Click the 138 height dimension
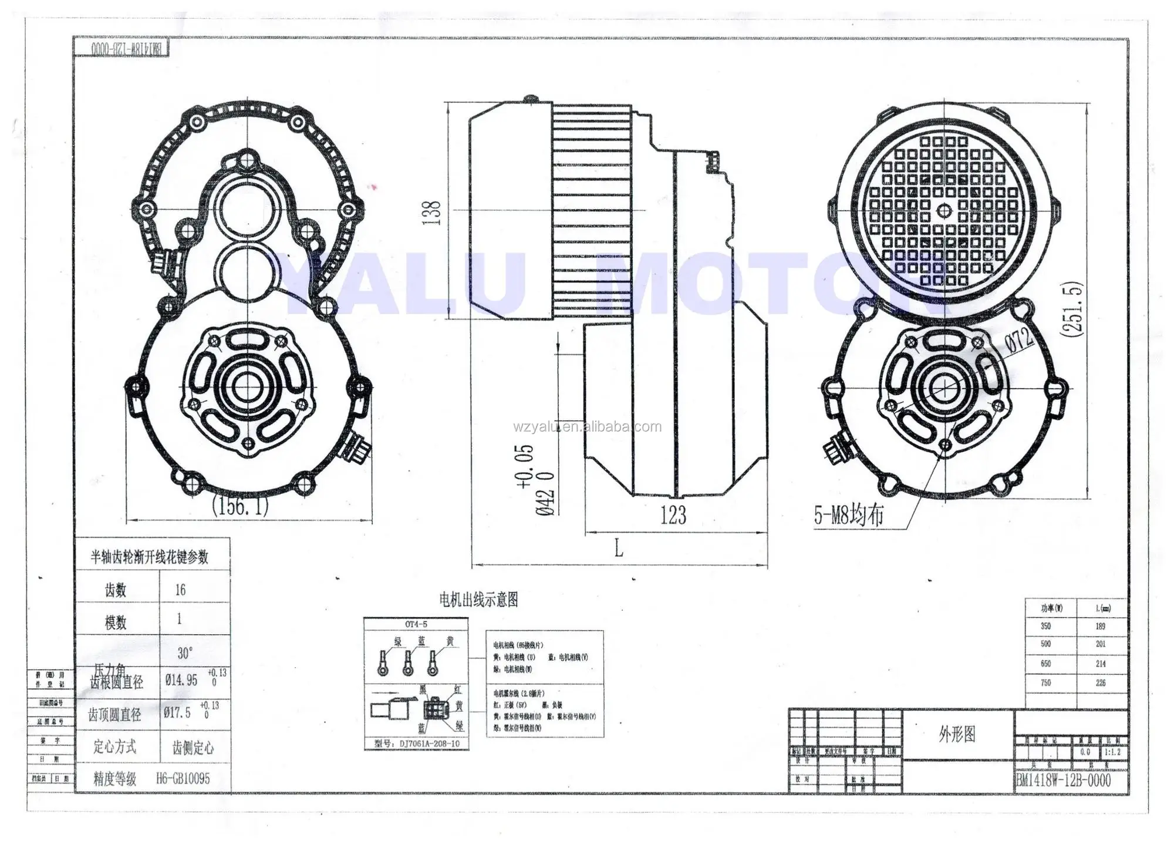(432, 213)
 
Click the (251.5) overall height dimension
(1072, 310)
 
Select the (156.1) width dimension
(240, 505)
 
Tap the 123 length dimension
(673, 516)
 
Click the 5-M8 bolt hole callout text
(848, 516)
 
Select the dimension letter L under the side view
(619, 549)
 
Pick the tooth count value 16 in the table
(180, 590)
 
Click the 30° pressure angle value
(185, 653)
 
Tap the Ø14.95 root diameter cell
(181, 680)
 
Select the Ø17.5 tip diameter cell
(177, 712)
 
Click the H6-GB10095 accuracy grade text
(183, 779)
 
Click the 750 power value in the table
(1046, 683)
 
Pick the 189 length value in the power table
(1100, 626)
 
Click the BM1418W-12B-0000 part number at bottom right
(1063, 780)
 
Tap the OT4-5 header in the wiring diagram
(416, 624)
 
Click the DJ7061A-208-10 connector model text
(429, 744)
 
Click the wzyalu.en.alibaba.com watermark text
(587, 427)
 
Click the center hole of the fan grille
(944, 210)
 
